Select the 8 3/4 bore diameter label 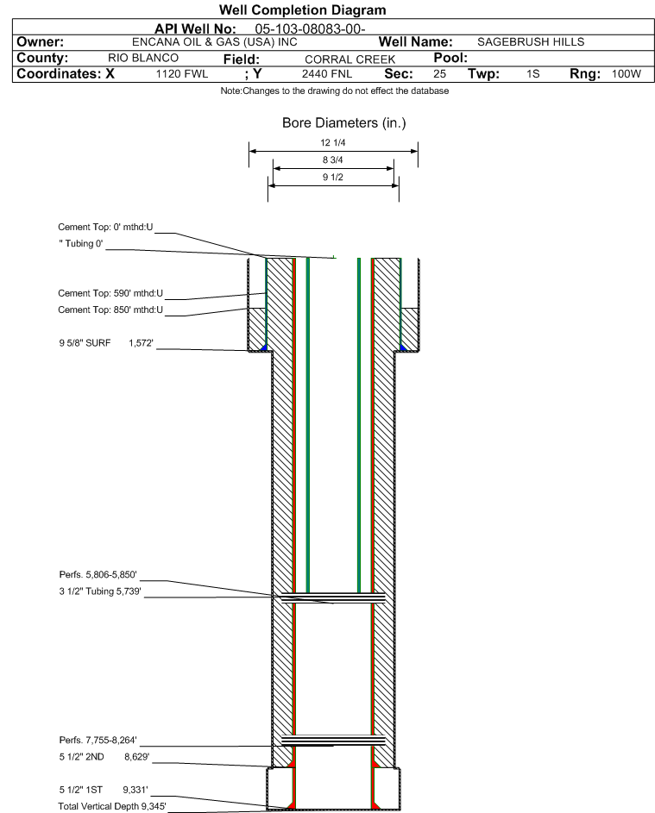(333, 159)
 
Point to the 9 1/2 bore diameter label (333, 177)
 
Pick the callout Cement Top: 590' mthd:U (105, 295)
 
